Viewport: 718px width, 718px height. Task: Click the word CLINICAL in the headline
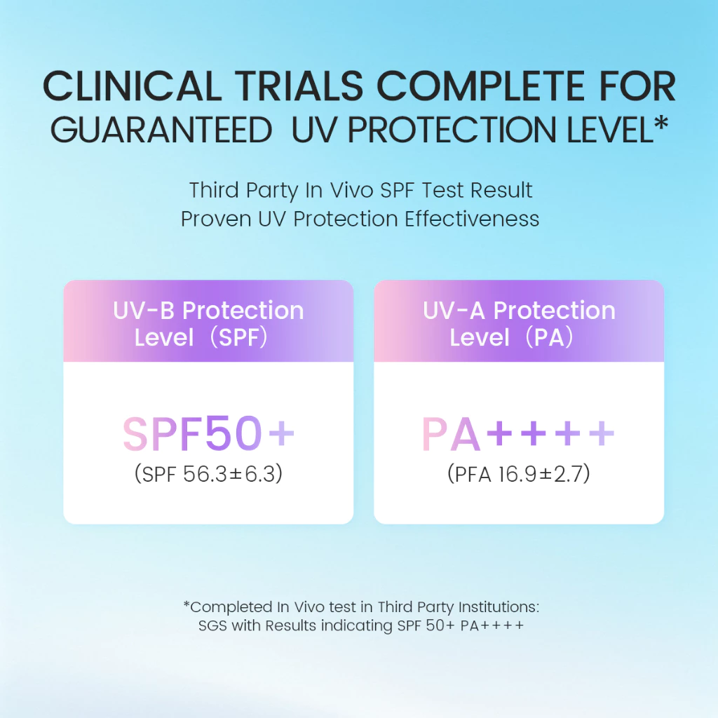(133, 86)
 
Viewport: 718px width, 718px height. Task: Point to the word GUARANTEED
(161, 130)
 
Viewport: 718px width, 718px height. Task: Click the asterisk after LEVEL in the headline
(661, 123)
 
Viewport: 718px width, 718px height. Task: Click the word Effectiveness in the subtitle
(472, 219)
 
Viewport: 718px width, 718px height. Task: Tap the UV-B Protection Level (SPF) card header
(208, 321)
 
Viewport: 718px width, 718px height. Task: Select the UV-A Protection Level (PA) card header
(519, 321)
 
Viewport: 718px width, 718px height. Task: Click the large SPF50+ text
(208, 433)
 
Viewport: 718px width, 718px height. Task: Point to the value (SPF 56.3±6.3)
(208, 473)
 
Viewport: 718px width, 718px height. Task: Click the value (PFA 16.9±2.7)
(519, 473)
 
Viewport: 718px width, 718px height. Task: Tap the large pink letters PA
(451, 434)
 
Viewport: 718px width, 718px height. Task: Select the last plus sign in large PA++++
(601, 433)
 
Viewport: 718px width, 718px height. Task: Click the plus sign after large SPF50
(281, 433)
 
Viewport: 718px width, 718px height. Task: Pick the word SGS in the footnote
(212, 625)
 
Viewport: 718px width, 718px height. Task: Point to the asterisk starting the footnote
(187, 604)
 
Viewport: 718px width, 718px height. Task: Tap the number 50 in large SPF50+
(233, 433)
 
